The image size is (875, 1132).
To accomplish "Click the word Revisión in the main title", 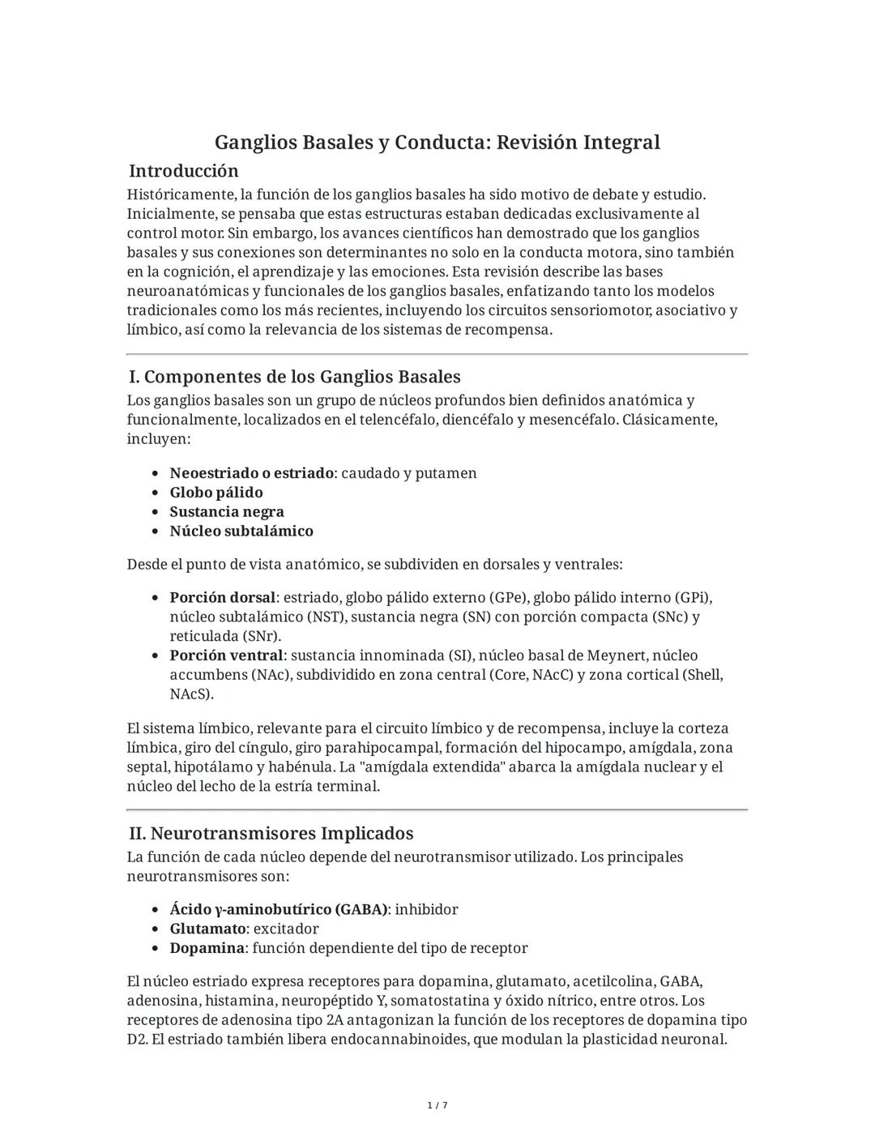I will (x=536, y=143).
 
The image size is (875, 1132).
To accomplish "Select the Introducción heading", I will (x=184, y=171).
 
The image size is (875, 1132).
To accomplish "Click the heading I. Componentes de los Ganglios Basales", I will (x=295, y=377).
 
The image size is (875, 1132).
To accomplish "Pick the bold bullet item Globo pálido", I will (x=216, y=493).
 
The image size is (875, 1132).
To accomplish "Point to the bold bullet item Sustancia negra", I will (x=227, y=512).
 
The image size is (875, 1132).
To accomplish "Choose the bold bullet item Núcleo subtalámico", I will (x=241, y=532).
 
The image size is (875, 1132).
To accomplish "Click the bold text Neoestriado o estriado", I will (x=251, y=473).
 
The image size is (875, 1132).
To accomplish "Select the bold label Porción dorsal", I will (x=223, y=598).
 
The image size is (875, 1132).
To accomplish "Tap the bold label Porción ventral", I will (x=226, y=656).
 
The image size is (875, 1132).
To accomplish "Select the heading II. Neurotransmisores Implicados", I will (x=271, y=834).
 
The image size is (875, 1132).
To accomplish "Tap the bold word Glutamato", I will (x=207, y=929).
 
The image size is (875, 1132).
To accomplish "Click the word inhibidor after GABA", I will (x=426, y=910).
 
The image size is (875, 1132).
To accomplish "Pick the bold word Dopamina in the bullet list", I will (x=207, y=949).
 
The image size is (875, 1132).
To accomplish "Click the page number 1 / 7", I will (x=437, y=1106).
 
